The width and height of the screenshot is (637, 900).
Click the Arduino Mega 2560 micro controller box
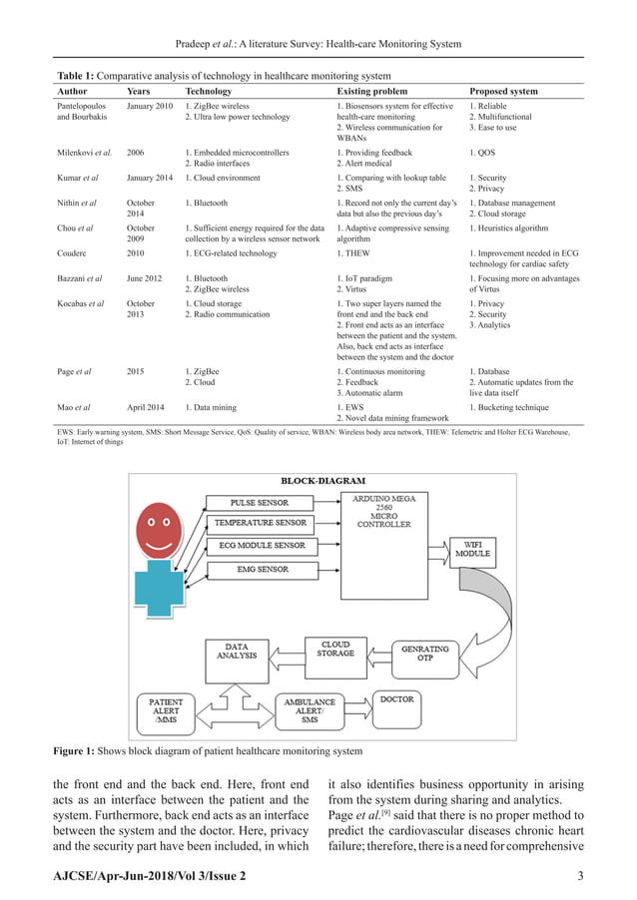click(383, 510)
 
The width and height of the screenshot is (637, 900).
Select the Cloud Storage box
click(336, 650)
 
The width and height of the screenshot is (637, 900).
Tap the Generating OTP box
click(425, 654)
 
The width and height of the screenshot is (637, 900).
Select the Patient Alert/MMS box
click(166, 708)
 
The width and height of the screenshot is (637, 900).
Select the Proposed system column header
click(503, 91)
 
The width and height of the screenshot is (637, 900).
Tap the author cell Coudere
click(74, 252)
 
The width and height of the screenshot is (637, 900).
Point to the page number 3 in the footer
click(581, 876)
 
